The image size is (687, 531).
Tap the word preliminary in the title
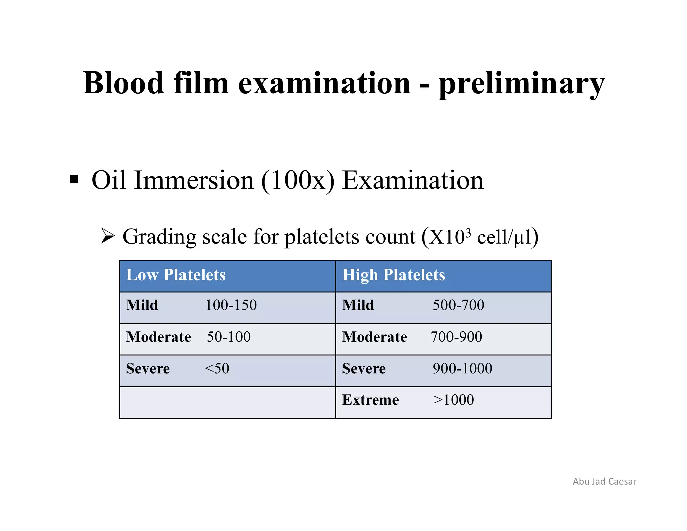(522, 84)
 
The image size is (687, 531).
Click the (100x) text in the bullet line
(298, 180)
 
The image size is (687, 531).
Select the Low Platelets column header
(176, 275)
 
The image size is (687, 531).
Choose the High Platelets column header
(393, 275)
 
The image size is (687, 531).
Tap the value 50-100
(228, 337)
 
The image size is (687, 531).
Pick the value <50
(217, 369)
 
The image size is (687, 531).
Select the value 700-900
(456, 337)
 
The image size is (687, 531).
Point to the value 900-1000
(462, 369)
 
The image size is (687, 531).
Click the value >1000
(454, 400)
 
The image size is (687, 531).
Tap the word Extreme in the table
(370, 400)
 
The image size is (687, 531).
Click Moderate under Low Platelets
(158, 337)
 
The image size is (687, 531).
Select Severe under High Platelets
(364, 369)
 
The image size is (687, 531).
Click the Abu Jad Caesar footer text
(604, 481)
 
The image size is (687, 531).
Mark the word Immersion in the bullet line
(194, 180)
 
